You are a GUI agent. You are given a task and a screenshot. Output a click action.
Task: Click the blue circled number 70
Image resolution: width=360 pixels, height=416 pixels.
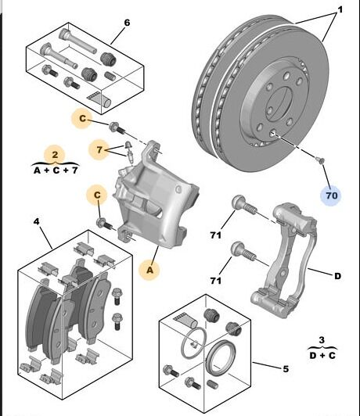(x=332, y=195)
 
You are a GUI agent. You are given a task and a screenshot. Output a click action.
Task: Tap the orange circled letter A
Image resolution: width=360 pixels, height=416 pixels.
(x=150, y=270)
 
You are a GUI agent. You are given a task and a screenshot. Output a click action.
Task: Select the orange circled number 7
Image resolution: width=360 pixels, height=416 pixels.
(x=99, y=150)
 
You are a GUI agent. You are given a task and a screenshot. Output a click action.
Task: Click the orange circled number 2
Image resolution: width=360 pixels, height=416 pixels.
(x=55, y=155)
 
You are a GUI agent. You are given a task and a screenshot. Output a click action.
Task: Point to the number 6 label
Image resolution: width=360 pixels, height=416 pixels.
(x=127, y=23)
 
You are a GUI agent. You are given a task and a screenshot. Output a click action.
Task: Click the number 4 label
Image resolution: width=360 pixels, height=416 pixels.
(x=36, y=221)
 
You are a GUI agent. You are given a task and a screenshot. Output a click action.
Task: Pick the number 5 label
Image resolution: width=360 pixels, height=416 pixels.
(x=286, y=369)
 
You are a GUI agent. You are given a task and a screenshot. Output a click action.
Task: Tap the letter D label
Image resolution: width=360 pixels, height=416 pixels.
(x=337, y=276)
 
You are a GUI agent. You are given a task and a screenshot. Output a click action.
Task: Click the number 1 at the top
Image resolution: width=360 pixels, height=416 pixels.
(x=340, y=10)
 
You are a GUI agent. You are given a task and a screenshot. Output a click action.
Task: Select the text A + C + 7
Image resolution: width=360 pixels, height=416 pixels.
(x=56, y=170)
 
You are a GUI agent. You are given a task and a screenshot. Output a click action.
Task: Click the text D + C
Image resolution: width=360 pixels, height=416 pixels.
(x=322, y=355)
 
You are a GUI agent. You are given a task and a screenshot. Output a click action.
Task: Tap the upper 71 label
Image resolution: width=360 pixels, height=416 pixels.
(x=215, y=235)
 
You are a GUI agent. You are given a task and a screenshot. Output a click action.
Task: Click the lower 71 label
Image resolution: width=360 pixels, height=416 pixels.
(x=215, y=281)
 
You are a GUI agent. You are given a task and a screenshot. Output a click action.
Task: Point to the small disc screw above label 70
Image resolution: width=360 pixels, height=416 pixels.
(x=320, y=160)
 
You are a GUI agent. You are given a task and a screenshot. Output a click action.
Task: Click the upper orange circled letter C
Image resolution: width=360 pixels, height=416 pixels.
(x=83, y=119)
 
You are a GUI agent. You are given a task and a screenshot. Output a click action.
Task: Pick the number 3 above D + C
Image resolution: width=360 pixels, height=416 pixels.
(x=322, y=340)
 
